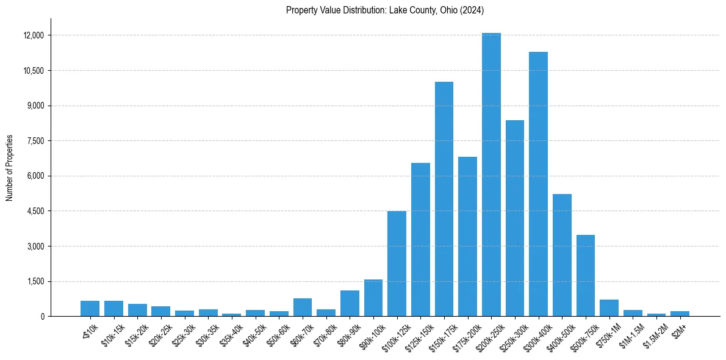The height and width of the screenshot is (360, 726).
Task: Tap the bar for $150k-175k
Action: pos(444,199)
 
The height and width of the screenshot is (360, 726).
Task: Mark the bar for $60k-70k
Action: pos(303,308)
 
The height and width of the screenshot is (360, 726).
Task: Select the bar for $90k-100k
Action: pos(373,298)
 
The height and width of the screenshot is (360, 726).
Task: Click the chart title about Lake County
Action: pos(385,10)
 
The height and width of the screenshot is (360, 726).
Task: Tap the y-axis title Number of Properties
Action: pos(10,168)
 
